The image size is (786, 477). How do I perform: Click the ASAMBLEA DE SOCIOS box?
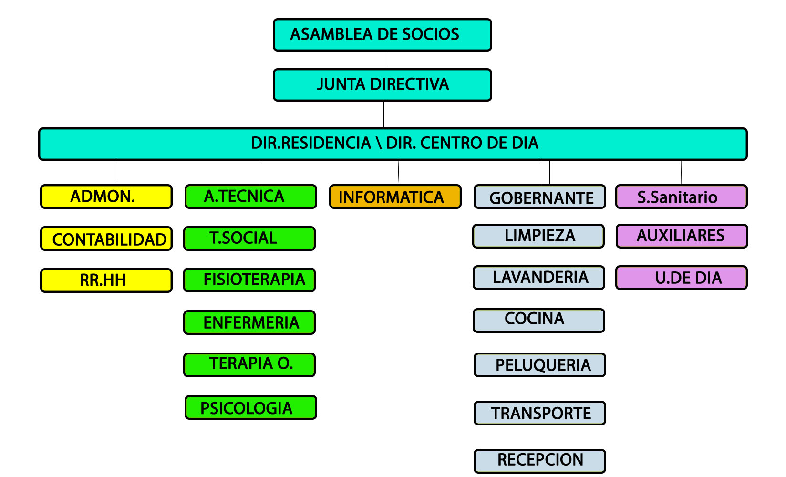click(x=382, y=35)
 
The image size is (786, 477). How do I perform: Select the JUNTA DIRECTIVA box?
click(x=382, y=85)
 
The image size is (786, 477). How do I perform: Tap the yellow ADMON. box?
click(x=106, y=197)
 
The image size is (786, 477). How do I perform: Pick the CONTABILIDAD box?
click(x=106, y=238)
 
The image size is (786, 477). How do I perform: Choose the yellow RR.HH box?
click(x=106, y=280)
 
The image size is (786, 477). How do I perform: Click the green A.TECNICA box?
click(x=251, y=197)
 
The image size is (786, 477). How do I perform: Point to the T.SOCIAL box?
click(x=249, y=238)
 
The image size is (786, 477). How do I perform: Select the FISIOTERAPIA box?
click(x=249, y=280)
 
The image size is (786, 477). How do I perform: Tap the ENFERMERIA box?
click(x=249, y=322)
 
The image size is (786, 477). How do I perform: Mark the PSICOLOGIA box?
click(x=251, y=407)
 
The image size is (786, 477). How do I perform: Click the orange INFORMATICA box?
click(x=395, y=197)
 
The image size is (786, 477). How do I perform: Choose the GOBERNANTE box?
click(x=540, y=197)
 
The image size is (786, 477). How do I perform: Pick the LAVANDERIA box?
click(x=539, y=278)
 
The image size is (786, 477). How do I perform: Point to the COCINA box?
click(x=539, y=321)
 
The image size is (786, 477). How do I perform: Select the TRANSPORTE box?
click(x=540, y=413)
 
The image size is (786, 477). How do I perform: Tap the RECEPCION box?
click(x=540, y=461)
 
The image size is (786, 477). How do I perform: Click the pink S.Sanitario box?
click(x=682, y=197)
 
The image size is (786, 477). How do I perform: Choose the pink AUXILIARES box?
click(x=682, y=236)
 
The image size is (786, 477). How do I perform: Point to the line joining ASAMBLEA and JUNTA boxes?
click(x=387, y=60)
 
